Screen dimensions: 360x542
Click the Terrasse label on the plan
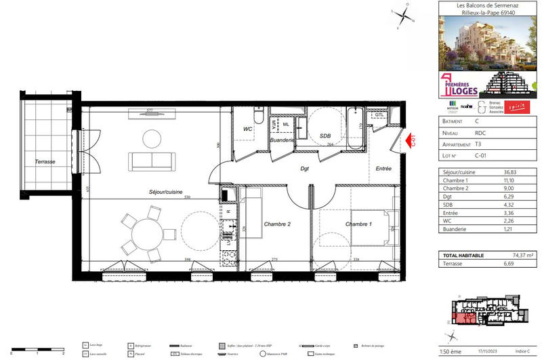coord(45,162)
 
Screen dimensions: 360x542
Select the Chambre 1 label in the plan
coord(358,224)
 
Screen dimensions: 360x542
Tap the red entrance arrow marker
coord(410,141)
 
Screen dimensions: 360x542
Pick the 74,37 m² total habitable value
coord(510,255)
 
